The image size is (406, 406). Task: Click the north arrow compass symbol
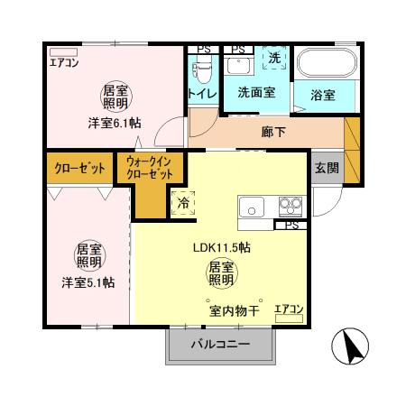(x=349, y=348)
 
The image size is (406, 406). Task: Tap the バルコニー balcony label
(x=218, y=344)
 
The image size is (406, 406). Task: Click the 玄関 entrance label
(x=326, y=167)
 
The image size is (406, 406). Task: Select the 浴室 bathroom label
(x=323, y=93)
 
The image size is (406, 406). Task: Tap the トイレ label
(x=200, y=94)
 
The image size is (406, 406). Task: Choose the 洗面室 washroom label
(x=256, y=93)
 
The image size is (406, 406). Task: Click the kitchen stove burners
(x=291, y=204)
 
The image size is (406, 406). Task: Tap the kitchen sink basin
(x=250, y=207)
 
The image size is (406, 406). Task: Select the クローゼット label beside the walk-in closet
(x=77, y=169)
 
